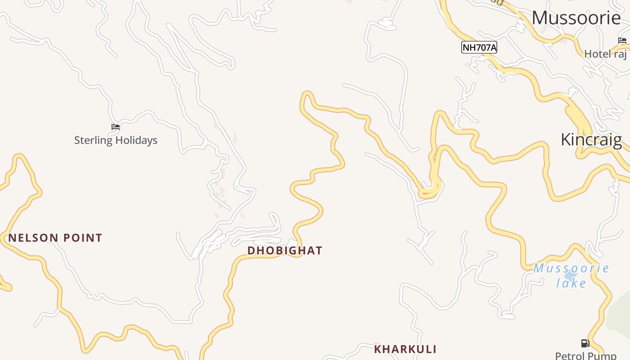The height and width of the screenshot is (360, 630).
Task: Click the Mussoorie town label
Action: (576, 18)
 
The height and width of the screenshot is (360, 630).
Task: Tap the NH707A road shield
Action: (479, 47)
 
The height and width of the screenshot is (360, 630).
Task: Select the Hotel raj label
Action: (605, 54)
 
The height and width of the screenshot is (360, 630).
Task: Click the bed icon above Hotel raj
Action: (622, 41)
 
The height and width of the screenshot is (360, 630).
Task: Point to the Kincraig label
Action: (591, 139)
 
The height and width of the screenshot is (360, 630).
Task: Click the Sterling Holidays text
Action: (116, 140)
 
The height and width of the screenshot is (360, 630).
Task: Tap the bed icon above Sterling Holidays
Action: (116, 127)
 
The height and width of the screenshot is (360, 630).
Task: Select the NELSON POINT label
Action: (55, 238)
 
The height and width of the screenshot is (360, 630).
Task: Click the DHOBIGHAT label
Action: (285, 251)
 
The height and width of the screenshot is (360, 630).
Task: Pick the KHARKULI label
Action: (405, 349)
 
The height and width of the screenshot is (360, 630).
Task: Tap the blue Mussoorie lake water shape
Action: (571, 275)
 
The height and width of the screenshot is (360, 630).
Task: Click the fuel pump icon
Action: (585, 343)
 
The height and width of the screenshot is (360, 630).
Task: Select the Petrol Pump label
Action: (585, 355)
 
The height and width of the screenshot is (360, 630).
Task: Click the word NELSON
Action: (31, 238)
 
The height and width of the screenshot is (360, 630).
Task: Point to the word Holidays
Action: (136, 140)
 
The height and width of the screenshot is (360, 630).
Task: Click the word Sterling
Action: (93, 140)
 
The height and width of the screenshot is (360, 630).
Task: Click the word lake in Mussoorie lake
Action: (571, 283)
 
